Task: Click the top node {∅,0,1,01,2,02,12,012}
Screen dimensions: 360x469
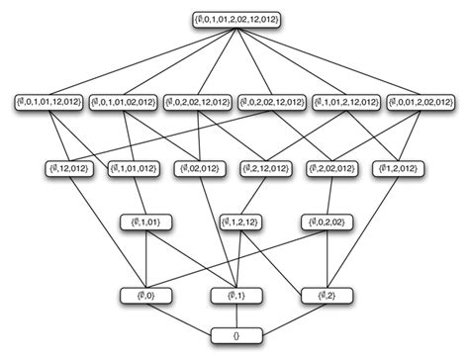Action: click(234, 19)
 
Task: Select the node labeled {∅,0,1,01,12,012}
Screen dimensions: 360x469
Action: click(49, 102)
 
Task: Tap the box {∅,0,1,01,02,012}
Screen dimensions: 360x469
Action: click(124, 102)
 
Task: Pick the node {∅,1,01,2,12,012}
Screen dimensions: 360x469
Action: click(345, 102)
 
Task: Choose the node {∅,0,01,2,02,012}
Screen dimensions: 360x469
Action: click(421, 102)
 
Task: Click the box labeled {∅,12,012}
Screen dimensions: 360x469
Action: click(68, 168)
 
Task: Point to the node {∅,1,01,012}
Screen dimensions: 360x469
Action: click(130, 168)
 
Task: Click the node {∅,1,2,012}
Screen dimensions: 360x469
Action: click(399, 168)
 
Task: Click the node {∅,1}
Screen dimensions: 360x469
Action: click(234, 294)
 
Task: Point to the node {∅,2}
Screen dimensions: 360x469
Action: click(322, 294)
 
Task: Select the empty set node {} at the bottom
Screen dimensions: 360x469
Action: click(234, 336)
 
